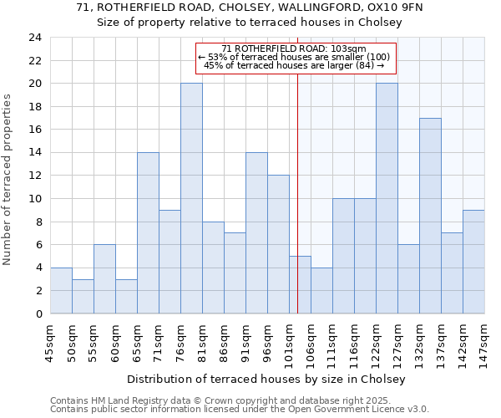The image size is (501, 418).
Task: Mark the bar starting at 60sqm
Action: click(x=126, y=296)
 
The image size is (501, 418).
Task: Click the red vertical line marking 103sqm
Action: click(x=298, y=192)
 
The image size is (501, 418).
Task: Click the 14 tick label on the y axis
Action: click(x=35, y=153)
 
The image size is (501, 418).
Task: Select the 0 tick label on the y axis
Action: click(x=38, y=313)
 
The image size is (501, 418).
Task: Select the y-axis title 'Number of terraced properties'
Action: click(x=8, y=179)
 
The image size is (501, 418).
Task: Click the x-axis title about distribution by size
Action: click(x=267, y=380)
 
